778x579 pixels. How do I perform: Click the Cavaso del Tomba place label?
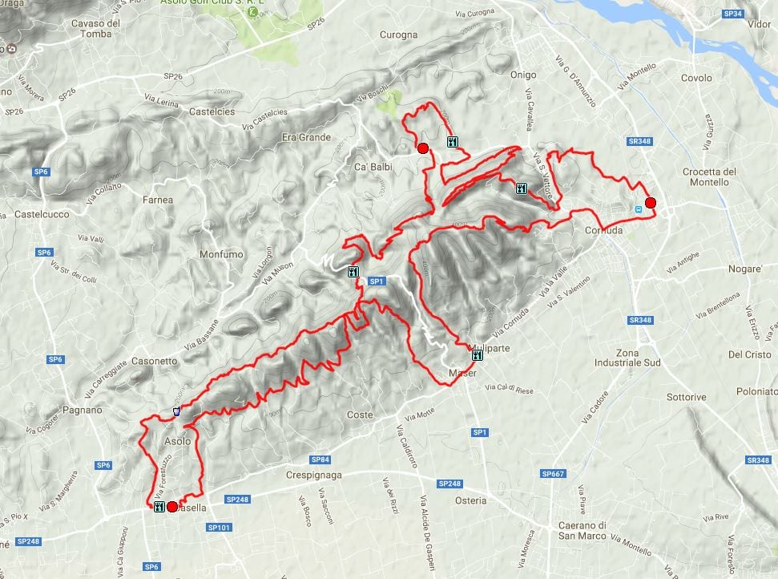pyautogui.click(x=95, y=28)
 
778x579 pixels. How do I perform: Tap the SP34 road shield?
pyautogui.click(x=732, y=14)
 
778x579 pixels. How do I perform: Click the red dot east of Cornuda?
pyautogui.click(x=651, y=203)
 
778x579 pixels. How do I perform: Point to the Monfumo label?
pyautogui.click(x=220, y=254)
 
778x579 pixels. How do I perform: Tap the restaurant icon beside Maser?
pyautogui.click(x=478, y=355)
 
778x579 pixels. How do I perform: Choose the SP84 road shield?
pyautogui.click(x=320, y=460)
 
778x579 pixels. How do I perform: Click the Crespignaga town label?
pyautogui.click(x=314, y=475)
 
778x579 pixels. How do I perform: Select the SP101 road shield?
pyautogui.click(x=219, y=527)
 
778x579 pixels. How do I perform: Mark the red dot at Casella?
pyautogui.click(x=171, y=507)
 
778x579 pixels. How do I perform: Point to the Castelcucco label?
pyautogui.click(x=42, y=215)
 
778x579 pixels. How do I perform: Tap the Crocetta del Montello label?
pyautogui.click(x=709, y=176)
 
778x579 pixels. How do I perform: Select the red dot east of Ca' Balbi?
pyautogui.click(x=422, y=148)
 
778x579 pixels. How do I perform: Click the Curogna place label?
pyautogui.click(x=398, y=35)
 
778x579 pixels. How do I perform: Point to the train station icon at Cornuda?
pyautogui.click(x=638, y=209)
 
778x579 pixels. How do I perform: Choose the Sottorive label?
pyautogui.click(x=687, y=397)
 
